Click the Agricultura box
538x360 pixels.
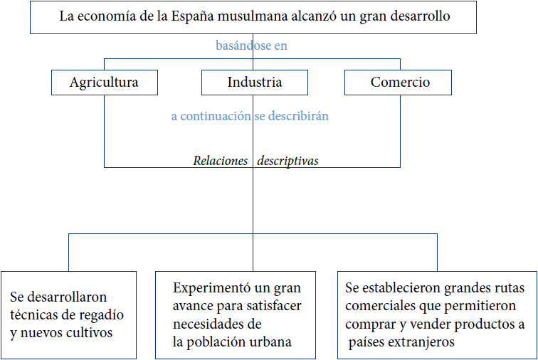(104, 83)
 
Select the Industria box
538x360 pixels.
(254, 83)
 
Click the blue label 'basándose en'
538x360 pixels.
(251, 46)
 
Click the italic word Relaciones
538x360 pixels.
(220, 161)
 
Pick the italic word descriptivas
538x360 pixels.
(288, 161)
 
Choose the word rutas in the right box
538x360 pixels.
(505, 289)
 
